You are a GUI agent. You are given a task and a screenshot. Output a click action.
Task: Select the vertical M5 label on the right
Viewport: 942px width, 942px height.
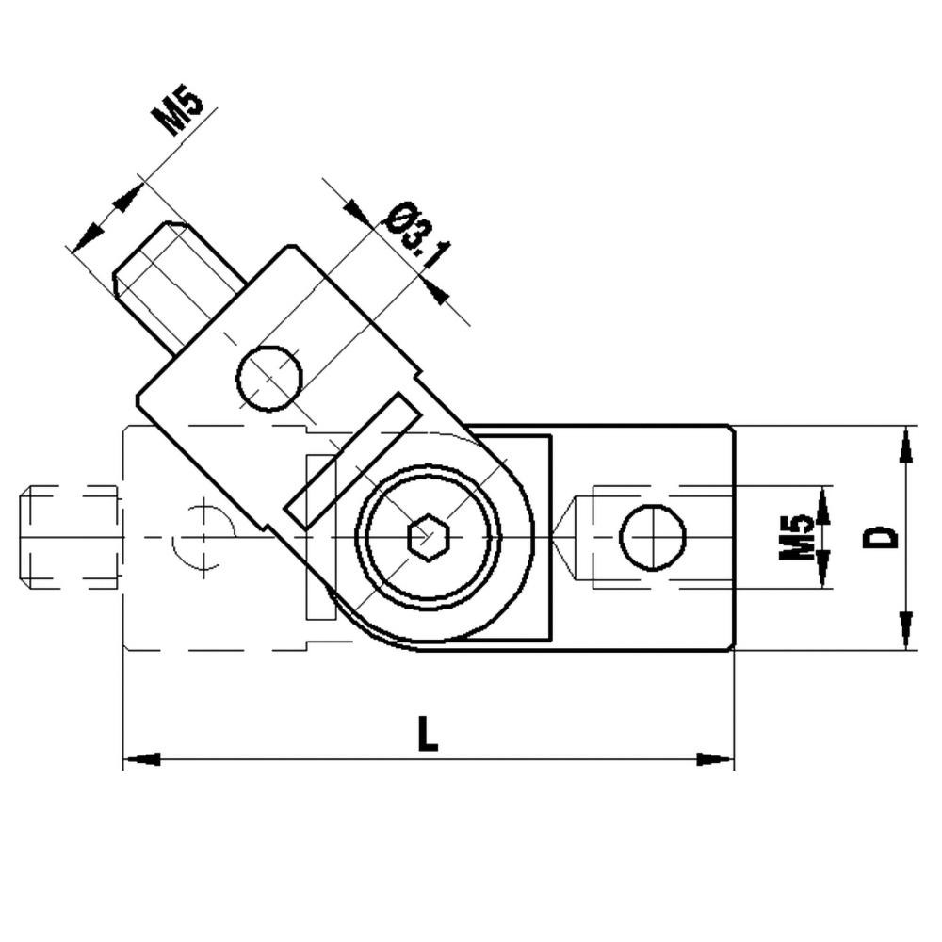point(796,537)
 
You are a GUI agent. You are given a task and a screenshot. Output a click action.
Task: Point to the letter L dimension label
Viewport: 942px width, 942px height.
point(428,734)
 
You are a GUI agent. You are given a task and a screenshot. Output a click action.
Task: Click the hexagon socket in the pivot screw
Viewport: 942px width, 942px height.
point(428,538)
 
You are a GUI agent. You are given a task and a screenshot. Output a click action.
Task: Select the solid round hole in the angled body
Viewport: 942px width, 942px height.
point(268,378)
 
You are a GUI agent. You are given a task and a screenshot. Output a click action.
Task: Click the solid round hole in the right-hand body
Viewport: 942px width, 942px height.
point(652,537)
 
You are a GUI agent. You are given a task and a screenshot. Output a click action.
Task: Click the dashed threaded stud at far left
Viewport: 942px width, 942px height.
point(71,537)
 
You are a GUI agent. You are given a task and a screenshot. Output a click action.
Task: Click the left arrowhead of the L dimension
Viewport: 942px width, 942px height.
point(141,759)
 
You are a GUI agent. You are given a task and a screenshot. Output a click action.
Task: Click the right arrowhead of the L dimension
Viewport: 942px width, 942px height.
point(715,759)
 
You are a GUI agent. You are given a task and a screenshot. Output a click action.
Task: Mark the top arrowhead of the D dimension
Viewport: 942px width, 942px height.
point(906,445)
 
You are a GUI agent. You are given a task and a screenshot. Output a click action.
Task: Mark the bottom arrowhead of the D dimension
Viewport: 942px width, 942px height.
point(906,630)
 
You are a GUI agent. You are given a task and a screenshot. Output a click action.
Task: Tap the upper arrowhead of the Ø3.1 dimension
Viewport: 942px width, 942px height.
point(357,212)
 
